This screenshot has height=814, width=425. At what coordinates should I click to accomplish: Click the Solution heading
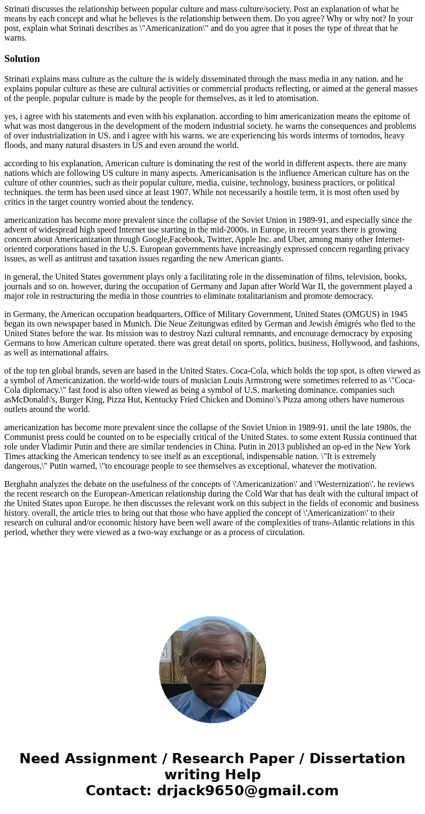click(x=22, y=59)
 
